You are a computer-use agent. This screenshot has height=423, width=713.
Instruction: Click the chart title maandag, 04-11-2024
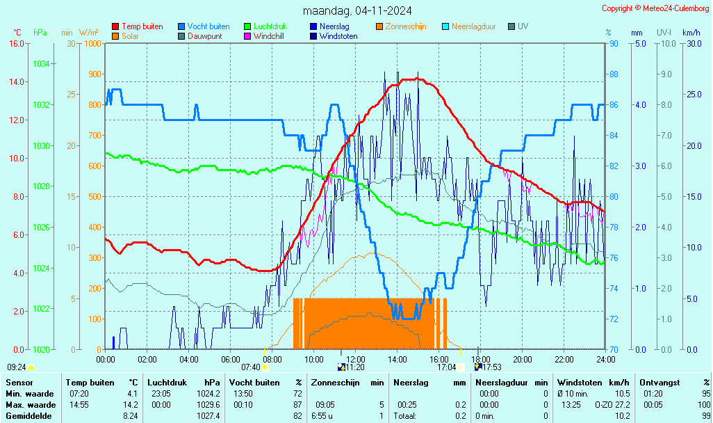(x=357, y=11)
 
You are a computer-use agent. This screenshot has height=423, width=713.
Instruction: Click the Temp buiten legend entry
(x=142, y=26)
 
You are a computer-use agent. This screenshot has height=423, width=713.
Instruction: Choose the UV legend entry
(x=523, y=26)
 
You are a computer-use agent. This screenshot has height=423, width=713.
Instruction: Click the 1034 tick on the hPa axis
(x=40, y=64)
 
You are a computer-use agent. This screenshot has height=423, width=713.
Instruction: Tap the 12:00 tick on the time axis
(x=355, y=359)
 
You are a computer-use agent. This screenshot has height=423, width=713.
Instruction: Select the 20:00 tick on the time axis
(x=522, y=359)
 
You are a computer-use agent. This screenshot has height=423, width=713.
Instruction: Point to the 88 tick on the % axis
(x=614, y=74)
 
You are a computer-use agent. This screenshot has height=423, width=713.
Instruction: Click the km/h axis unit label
(x=691, y=33)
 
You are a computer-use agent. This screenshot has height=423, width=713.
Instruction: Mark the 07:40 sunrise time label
(x=250, y=367)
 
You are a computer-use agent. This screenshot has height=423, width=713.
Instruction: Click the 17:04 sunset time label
(x=446, y=367)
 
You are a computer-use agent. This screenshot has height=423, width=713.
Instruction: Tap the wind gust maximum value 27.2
(x=622, y=404)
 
